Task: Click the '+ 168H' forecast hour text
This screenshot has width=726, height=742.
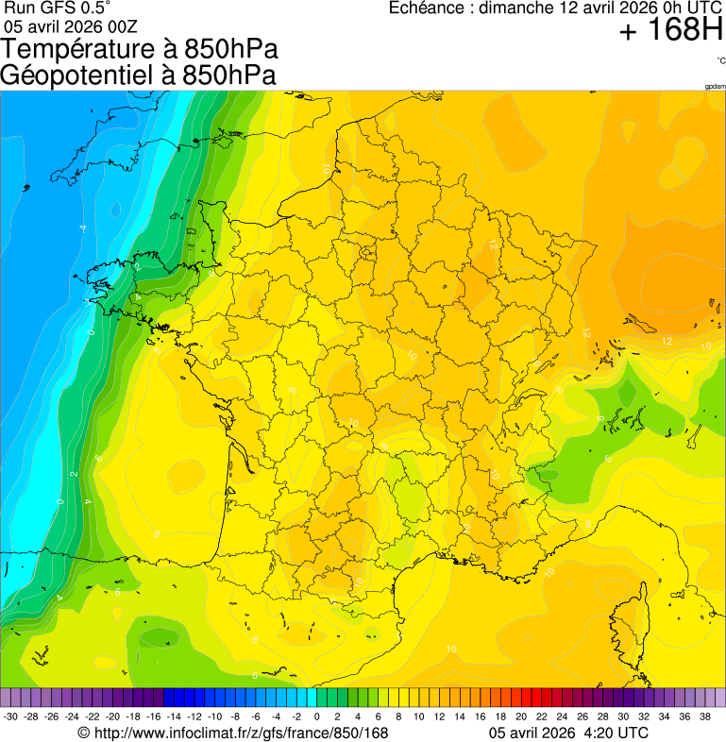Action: tap(670, 33)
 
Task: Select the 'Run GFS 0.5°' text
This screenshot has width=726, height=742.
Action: tap(57, 8)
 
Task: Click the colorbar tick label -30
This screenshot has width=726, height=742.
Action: tap(10, 717)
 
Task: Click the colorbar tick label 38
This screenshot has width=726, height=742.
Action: tap(704, 717)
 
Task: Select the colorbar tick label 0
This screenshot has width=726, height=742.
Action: tap(316, 717)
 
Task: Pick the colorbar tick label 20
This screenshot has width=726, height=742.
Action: tap(520, 717)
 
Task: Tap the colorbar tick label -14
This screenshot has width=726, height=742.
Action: tap(174, 717)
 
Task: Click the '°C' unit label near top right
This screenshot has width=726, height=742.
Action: tap(720, 61)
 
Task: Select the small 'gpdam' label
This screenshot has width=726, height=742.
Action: tap(715, 87)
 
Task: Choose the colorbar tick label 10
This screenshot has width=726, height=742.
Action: tap(418, 717)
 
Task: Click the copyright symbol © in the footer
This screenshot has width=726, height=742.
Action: tap(83, 733)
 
